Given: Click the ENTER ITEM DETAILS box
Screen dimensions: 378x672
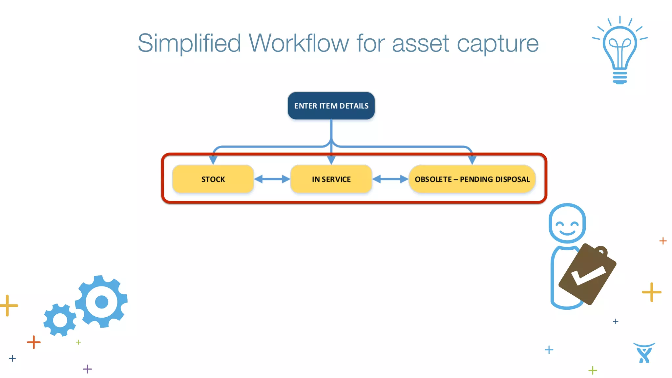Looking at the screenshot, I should click(x=331, y=106).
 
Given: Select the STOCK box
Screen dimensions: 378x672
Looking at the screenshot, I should click(x=213, y=179).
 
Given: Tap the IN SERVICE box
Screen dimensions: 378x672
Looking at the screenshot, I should click(x=331, y=179).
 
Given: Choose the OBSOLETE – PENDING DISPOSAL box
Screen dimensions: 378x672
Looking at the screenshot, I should click(x=472, y=179).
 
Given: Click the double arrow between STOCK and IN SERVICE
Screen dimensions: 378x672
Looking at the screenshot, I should click(x=272, y=179).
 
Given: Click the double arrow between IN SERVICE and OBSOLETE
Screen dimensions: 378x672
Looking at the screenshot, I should click(x=390, y=179).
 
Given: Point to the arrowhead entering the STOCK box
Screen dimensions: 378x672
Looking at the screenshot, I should click(x=213, y=160).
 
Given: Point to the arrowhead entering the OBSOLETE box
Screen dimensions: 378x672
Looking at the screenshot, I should click(x=472, y=160).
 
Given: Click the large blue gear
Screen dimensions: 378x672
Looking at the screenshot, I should click(x=101, y=302).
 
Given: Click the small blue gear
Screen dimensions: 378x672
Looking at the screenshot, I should click(x=60, y=320).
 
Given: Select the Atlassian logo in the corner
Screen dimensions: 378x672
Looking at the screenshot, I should click(x=644, y=353).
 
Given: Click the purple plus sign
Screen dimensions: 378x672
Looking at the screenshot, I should click(x=87, y=369).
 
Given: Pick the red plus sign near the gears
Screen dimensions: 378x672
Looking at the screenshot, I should click(x=33, y=342).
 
